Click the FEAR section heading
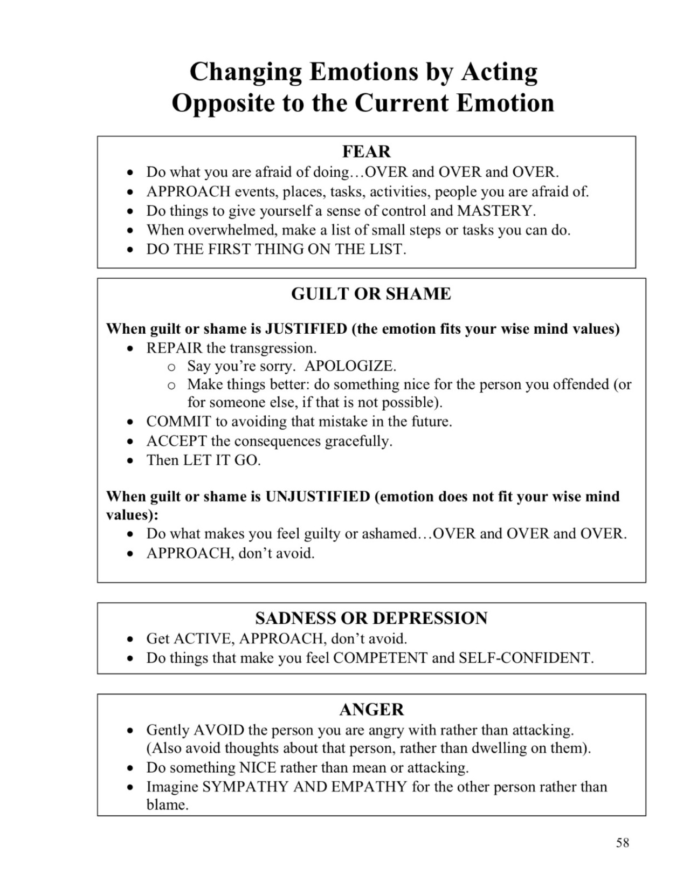[366, 152]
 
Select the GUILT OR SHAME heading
[371, 294]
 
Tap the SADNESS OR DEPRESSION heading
[371, 618]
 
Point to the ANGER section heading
[371, 710]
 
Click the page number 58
[623, 843]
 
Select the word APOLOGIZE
[350, 366]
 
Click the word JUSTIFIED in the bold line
[306, 328]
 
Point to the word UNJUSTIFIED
[318, 496]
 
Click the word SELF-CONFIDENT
[526, 658]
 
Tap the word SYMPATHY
[245, 787]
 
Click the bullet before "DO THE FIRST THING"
[130, 250]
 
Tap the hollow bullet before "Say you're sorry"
[171, 367]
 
